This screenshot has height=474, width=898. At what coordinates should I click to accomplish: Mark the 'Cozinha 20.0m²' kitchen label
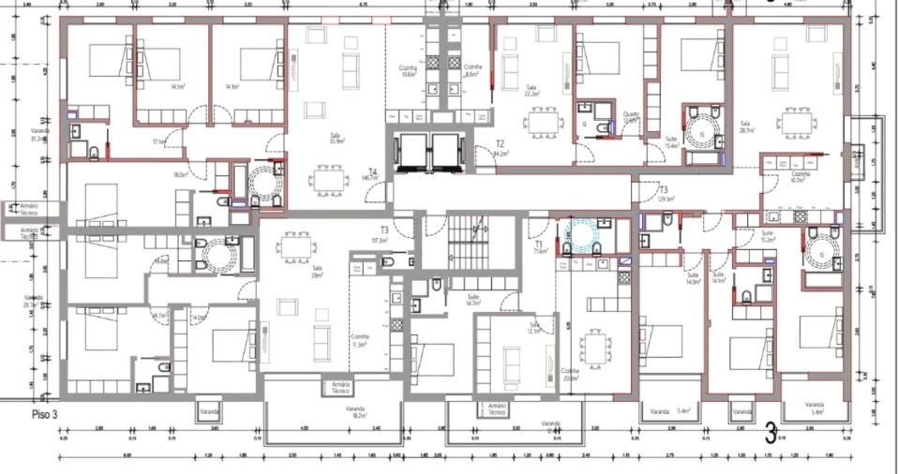tap(569, 374)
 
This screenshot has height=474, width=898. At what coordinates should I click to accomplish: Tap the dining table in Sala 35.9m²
tap(328, 177)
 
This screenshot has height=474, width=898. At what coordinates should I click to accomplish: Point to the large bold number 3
tap(771, 434)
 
